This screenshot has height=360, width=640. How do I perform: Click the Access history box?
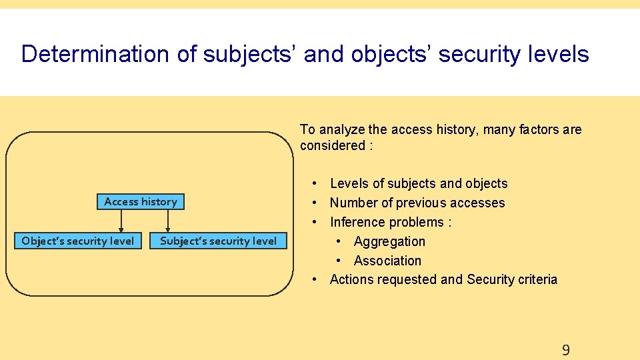pyautogui.click(x=141, y=201)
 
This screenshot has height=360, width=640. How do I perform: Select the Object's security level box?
pyautogui.click(x=78, y=241)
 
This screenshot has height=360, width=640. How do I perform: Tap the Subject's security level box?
pyautogui.click(x=218, y=241)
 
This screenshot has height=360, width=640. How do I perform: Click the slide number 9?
pyautogui.click(x=565, y=350)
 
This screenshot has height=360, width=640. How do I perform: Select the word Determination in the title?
pyautogui.click(x=96, y=54)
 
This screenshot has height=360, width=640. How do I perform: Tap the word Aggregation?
pyautogui.click(x=389, y=241)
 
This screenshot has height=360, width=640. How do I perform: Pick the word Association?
pyautogui.click(x=387, y=261)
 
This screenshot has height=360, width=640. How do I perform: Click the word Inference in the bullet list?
pyautogui.click(x=357, y=222)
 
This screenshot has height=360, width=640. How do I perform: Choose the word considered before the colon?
pyautogui.click(x=330, y=145)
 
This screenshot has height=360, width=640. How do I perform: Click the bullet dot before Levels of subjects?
pyautogui.click(x=313, y=183)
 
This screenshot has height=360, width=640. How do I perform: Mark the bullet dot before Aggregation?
pyautogui.click(x=339, y=241)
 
